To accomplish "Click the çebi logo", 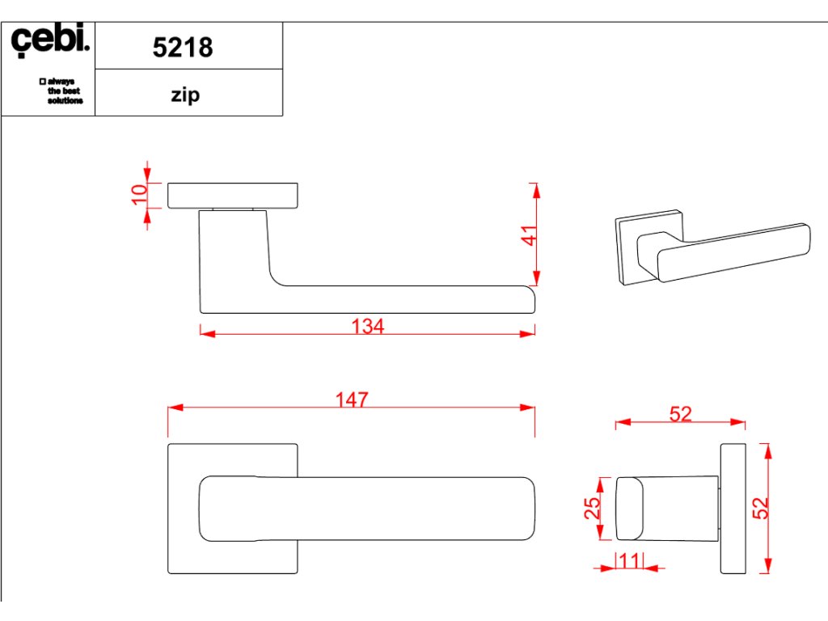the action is pyautogui.click(x=49, y=40).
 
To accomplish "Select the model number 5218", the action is pyautogui.click(x=183, y=47).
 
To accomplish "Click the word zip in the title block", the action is pyautogui.click(x=185, y=95).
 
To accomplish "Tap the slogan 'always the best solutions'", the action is pyautogui.click(x=61, y=91).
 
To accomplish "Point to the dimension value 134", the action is pyautogui.click(x=368, y=326).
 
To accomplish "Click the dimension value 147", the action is pyautogui.click(x=353, y=399).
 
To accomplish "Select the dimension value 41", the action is pyautogui.click(x=529, y=235).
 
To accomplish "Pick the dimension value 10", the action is pyautogui.click(x=139, y=194).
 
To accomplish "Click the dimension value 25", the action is pyautogui.click(x=592, y=508).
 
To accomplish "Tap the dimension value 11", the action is pyautogui.click(x=629, y=560).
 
